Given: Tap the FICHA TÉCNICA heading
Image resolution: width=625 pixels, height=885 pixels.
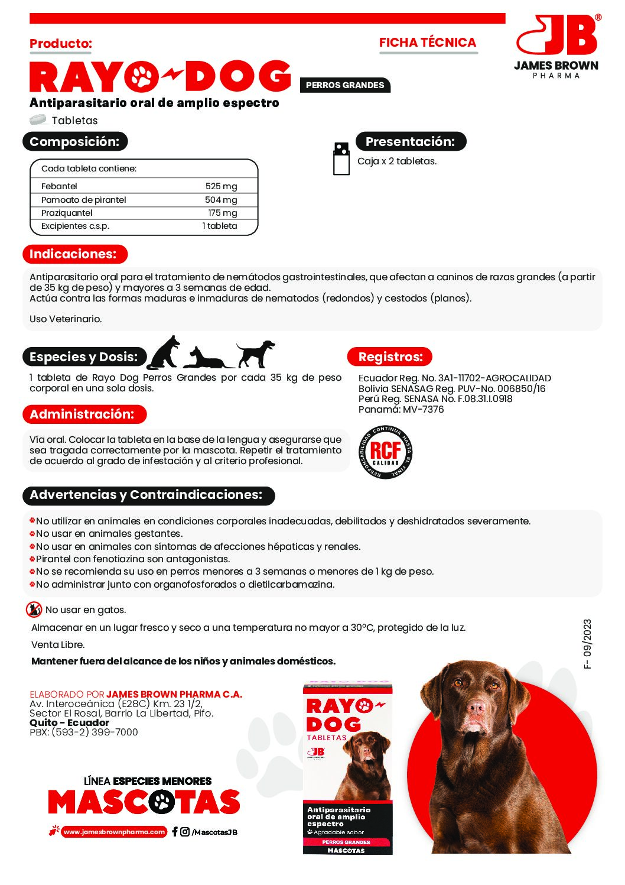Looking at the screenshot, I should pyautogui.click(x=428, y=43).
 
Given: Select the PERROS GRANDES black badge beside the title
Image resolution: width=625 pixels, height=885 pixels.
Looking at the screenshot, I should pyautogui.click(x=345, y=85).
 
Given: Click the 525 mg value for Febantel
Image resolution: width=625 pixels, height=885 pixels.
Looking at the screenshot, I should pyautogui.click(x=221, y=186).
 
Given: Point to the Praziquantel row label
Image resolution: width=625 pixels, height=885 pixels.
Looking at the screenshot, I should pyautogui.click(x=67, y=213).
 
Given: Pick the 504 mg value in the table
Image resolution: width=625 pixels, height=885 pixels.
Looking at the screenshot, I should pyautogui.click(x=220, y=200).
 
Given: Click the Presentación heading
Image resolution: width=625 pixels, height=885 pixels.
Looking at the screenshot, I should pyautogui.click(x=411, y=142).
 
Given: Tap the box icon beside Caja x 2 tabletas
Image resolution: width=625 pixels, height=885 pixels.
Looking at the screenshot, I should pyautogui.click(x=341, y=158).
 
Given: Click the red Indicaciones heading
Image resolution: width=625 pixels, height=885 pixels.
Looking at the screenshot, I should pyautogui.click(x=73, y=254).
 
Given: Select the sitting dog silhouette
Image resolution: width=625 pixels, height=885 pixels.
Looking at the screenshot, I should pyautogui.click(x=164, y=353).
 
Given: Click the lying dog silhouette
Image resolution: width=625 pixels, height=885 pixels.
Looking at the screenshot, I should pyautogui.click(x=206, y=358).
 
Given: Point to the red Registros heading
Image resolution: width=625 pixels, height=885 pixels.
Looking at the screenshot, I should pyautogui.click(x=390, y=357).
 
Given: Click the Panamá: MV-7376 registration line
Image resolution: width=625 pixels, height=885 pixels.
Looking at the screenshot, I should pyautogui.click(x=401, y=410).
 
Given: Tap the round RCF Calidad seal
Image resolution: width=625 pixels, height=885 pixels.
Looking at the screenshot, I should pyautogui.click(x=386, y=452).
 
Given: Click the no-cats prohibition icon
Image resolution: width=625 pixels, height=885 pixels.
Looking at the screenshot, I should pyautogui.click(x=34, y=610).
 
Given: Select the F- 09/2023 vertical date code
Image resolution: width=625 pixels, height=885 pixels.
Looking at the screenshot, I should pyautogui.click(x=587, y=644).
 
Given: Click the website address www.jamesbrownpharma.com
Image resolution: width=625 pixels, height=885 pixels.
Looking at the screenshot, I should pyautogui.click(x=114, y=832).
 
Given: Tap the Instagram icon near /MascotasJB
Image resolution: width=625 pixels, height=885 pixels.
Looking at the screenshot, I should pyautogui.click(x=185, y=832).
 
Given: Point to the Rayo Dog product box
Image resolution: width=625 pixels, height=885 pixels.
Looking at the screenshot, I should pyautogui.click(x=347, y=769).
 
